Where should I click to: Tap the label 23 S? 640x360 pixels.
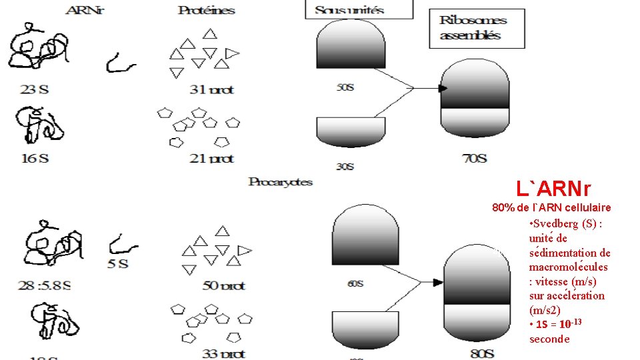pyautogui.click(x=33, y=89)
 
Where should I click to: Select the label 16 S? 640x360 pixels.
pyautogui.click(x=34, y=158)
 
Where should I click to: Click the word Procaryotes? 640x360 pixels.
pyautogui.click(x=280, y=181)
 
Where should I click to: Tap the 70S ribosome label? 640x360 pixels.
pyautogui.click(x=474, y=159)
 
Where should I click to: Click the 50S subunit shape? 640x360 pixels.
pyautogui.click(x=351, y=46)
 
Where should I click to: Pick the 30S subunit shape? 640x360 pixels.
pyautogui.click(x=350, y=132)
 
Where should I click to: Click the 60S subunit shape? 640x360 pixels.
pyautogui.click(x=365, y=237)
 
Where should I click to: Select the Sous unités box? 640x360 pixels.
pyautogui.click(x=359, y=9)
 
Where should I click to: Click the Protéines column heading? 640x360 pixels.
pyautogui.click(x=207, y=10)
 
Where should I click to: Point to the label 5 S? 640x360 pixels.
pyautogui.click(x=117, y=263)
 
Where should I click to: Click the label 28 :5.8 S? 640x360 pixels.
pyautogui.click(x=43, y=285)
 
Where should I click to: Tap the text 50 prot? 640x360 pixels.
pyautogui.click(x=223, y=285)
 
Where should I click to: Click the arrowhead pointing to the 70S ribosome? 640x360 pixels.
pyautogui.click(x=442, y=87)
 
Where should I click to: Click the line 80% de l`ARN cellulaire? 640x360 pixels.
pyautogui.click(x=551, y=207)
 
